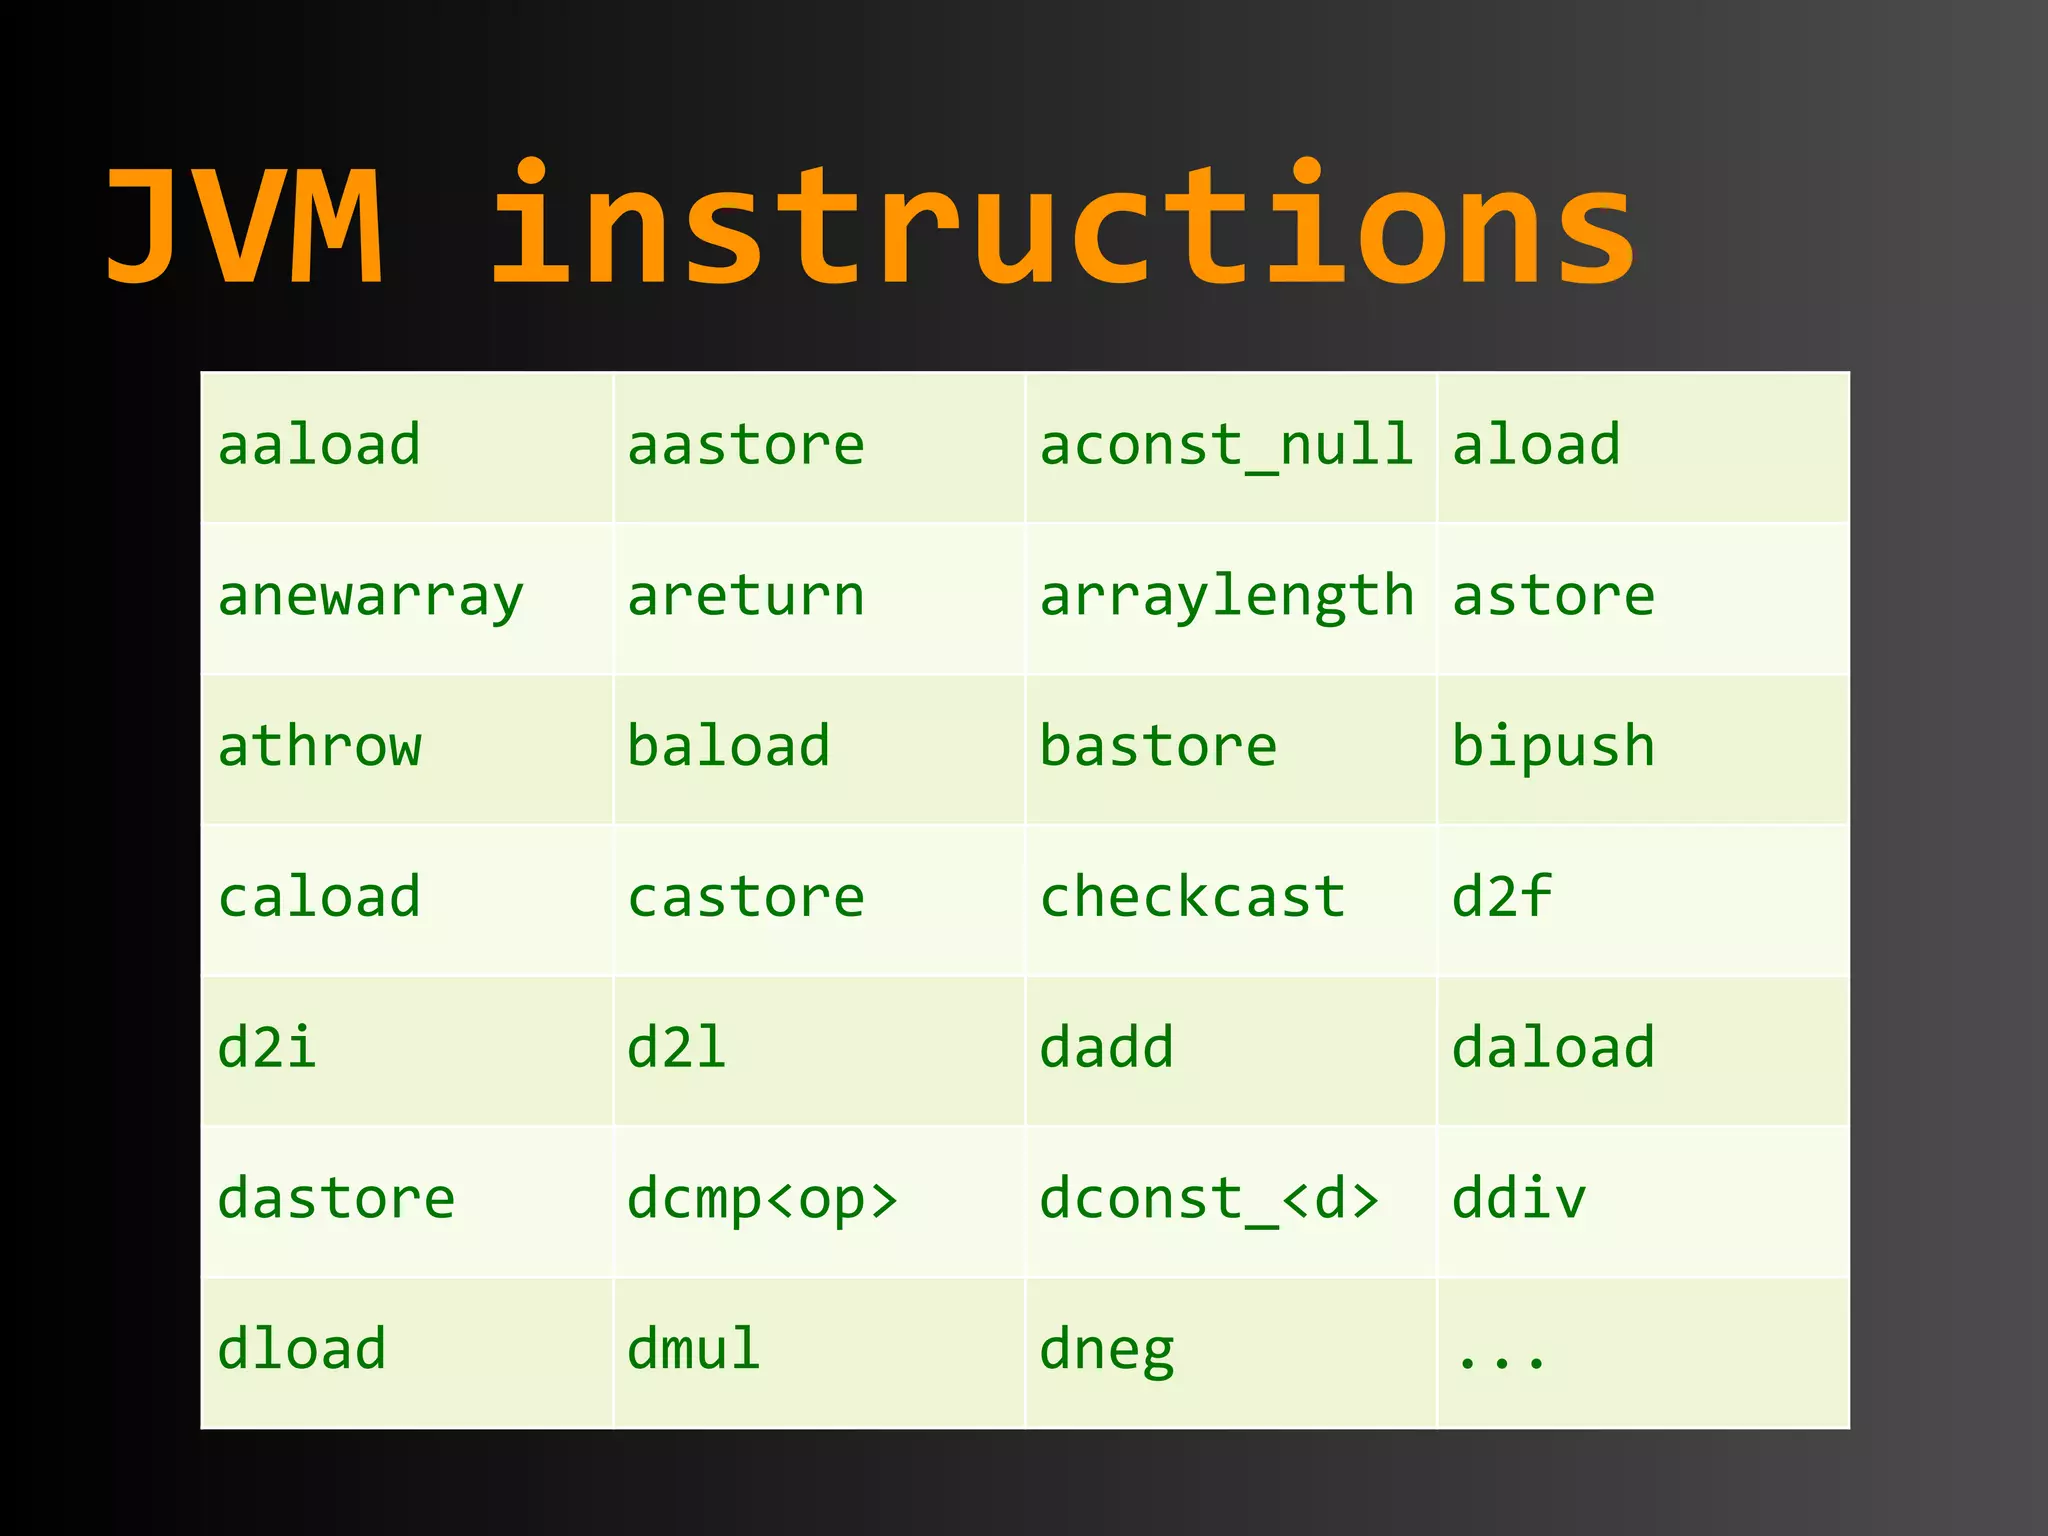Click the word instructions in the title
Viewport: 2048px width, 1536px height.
pos(1062,228)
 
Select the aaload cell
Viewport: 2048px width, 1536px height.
pos(319,446)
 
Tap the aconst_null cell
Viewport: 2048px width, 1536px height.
pos(1226,446)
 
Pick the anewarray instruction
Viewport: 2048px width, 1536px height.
pos(370,597)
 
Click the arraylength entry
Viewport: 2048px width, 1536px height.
pos(1226,597)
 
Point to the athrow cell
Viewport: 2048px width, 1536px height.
pos(319,747)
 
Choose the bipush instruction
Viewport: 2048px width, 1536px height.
pos(1553,747)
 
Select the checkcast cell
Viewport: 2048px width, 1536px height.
pos(1192,897)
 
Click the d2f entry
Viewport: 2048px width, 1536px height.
pos(1501,897)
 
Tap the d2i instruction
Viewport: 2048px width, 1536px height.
pos(267,1048)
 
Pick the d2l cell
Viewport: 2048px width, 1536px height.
pos(677,1048)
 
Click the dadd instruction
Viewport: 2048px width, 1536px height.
pos(1107,1048)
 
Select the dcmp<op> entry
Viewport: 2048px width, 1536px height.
pos(763,1199)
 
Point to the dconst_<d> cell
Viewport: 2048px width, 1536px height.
pos(1209,1199)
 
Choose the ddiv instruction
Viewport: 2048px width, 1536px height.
pos(1519,1199)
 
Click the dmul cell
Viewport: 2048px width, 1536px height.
pos(694,1350)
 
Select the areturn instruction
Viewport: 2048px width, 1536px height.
pos(746,597)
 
